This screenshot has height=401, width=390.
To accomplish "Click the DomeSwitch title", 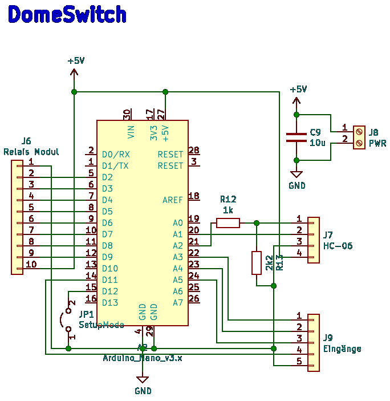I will tap(67, 15).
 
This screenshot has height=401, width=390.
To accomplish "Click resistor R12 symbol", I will tap(228, 223).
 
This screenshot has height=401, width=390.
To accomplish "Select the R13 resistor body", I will tap(257, 262).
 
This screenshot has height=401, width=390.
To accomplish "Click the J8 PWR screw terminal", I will tap(359, 137).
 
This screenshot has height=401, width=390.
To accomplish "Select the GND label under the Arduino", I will tap(143, 391).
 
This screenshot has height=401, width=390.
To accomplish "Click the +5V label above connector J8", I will tap(298, 90).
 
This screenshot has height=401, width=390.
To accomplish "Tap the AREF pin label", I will tap(173, 200).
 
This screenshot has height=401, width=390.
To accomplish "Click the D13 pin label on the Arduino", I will tap(110, 303).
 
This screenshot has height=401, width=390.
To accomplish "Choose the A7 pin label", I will tap(178, 303).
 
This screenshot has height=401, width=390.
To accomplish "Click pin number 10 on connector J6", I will tap(31, 264).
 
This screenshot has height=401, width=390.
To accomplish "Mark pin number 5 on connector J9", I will tap(299, 361).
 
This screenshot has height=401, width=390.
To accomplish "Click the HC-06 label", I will tap(338, 246).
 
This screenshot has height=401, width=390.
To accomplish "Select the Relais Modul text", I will tap(31, 152).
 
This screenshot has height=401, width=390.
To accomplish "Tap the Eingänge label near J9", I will tap(342, 349).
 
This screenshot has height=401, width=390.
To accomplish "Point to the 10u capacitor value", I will tap(318, 143).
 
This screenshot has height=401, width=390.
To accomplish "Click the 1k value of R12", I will tap(228, 210).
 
